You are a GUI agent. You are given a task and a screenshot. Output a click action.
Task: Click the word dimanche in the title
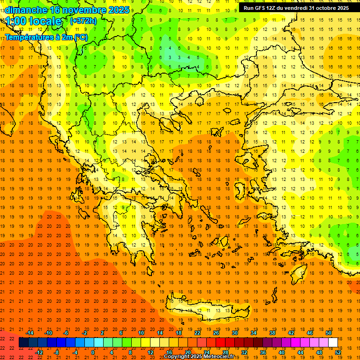coord(26,9)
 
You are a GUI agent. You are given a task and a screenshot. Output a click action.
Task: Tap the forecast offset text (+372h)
coord(83,21)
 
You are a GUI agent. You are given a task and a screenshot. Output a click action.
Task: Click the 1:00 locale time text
coord(34,21)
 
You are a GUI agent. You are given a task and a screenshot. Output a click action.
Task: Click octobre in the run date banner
coord(322,8)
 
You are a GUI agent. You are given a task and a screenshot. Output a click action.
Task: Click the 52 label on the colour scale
coord(338,352)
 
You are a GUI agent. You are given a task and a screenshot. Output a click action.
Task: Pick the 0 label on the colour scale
coord(93,352)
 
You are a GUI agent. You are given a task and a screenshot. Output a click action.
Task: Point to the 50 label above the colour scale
coord(329,332)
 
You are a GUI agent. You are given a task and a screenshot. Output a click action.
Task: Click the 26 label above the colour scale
coord(216,332)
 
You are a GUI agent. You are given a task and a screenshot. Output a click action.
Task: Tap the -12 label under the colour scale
coord(39,352)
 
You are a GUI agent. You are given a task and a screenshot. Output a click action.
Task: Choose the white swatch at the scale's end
coord(333,342)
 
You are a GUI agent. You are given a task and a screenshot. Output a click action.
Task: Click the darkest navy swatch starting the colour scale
coord(23,342)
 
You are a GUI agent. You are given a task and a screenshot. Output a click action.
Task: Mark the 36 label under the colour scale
coord(263,352)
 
